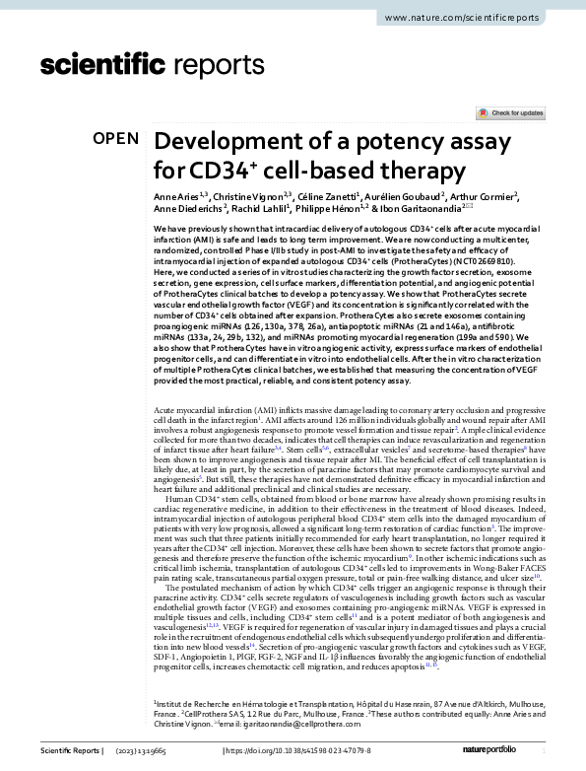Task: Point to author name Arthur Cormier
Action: pyautogui.click(x=498, y=198)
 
